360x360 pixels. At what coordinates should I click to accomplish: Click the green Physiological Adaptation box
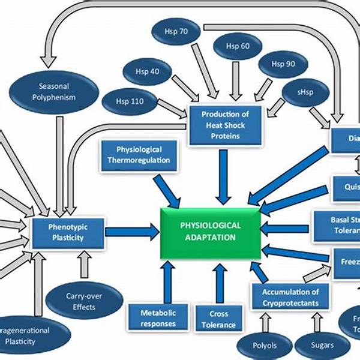[x=211, y=232]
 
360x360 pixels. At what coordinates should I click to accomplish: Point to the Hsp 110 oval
[x=128, y=101]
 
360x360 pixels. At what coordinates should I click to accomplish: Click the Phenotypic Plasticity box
[x=68, y=233]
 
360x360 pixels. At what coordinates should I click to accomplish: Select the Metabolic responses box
[x=158, y=318]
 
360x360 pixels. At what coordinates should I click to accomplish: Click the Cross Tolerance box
[x=218, y=318]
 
